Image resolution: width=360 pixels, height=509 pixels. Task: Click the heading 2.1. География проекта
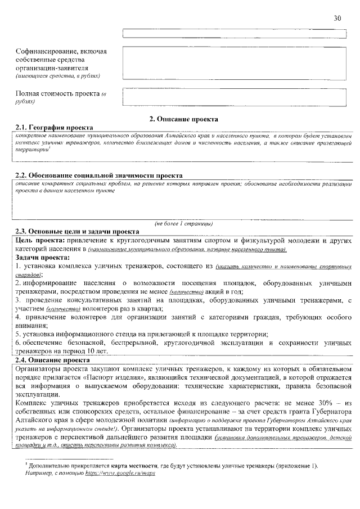[x=54, y=128]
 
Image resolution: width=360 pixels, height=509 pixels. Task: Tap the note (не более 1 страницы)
[x=183, y=223]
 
